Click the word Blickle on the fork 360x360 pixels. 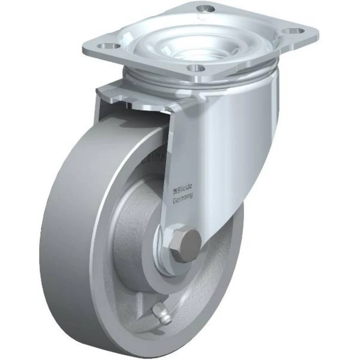coord(185,187)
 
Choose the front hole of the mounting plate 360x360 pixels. coord(195,68)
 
